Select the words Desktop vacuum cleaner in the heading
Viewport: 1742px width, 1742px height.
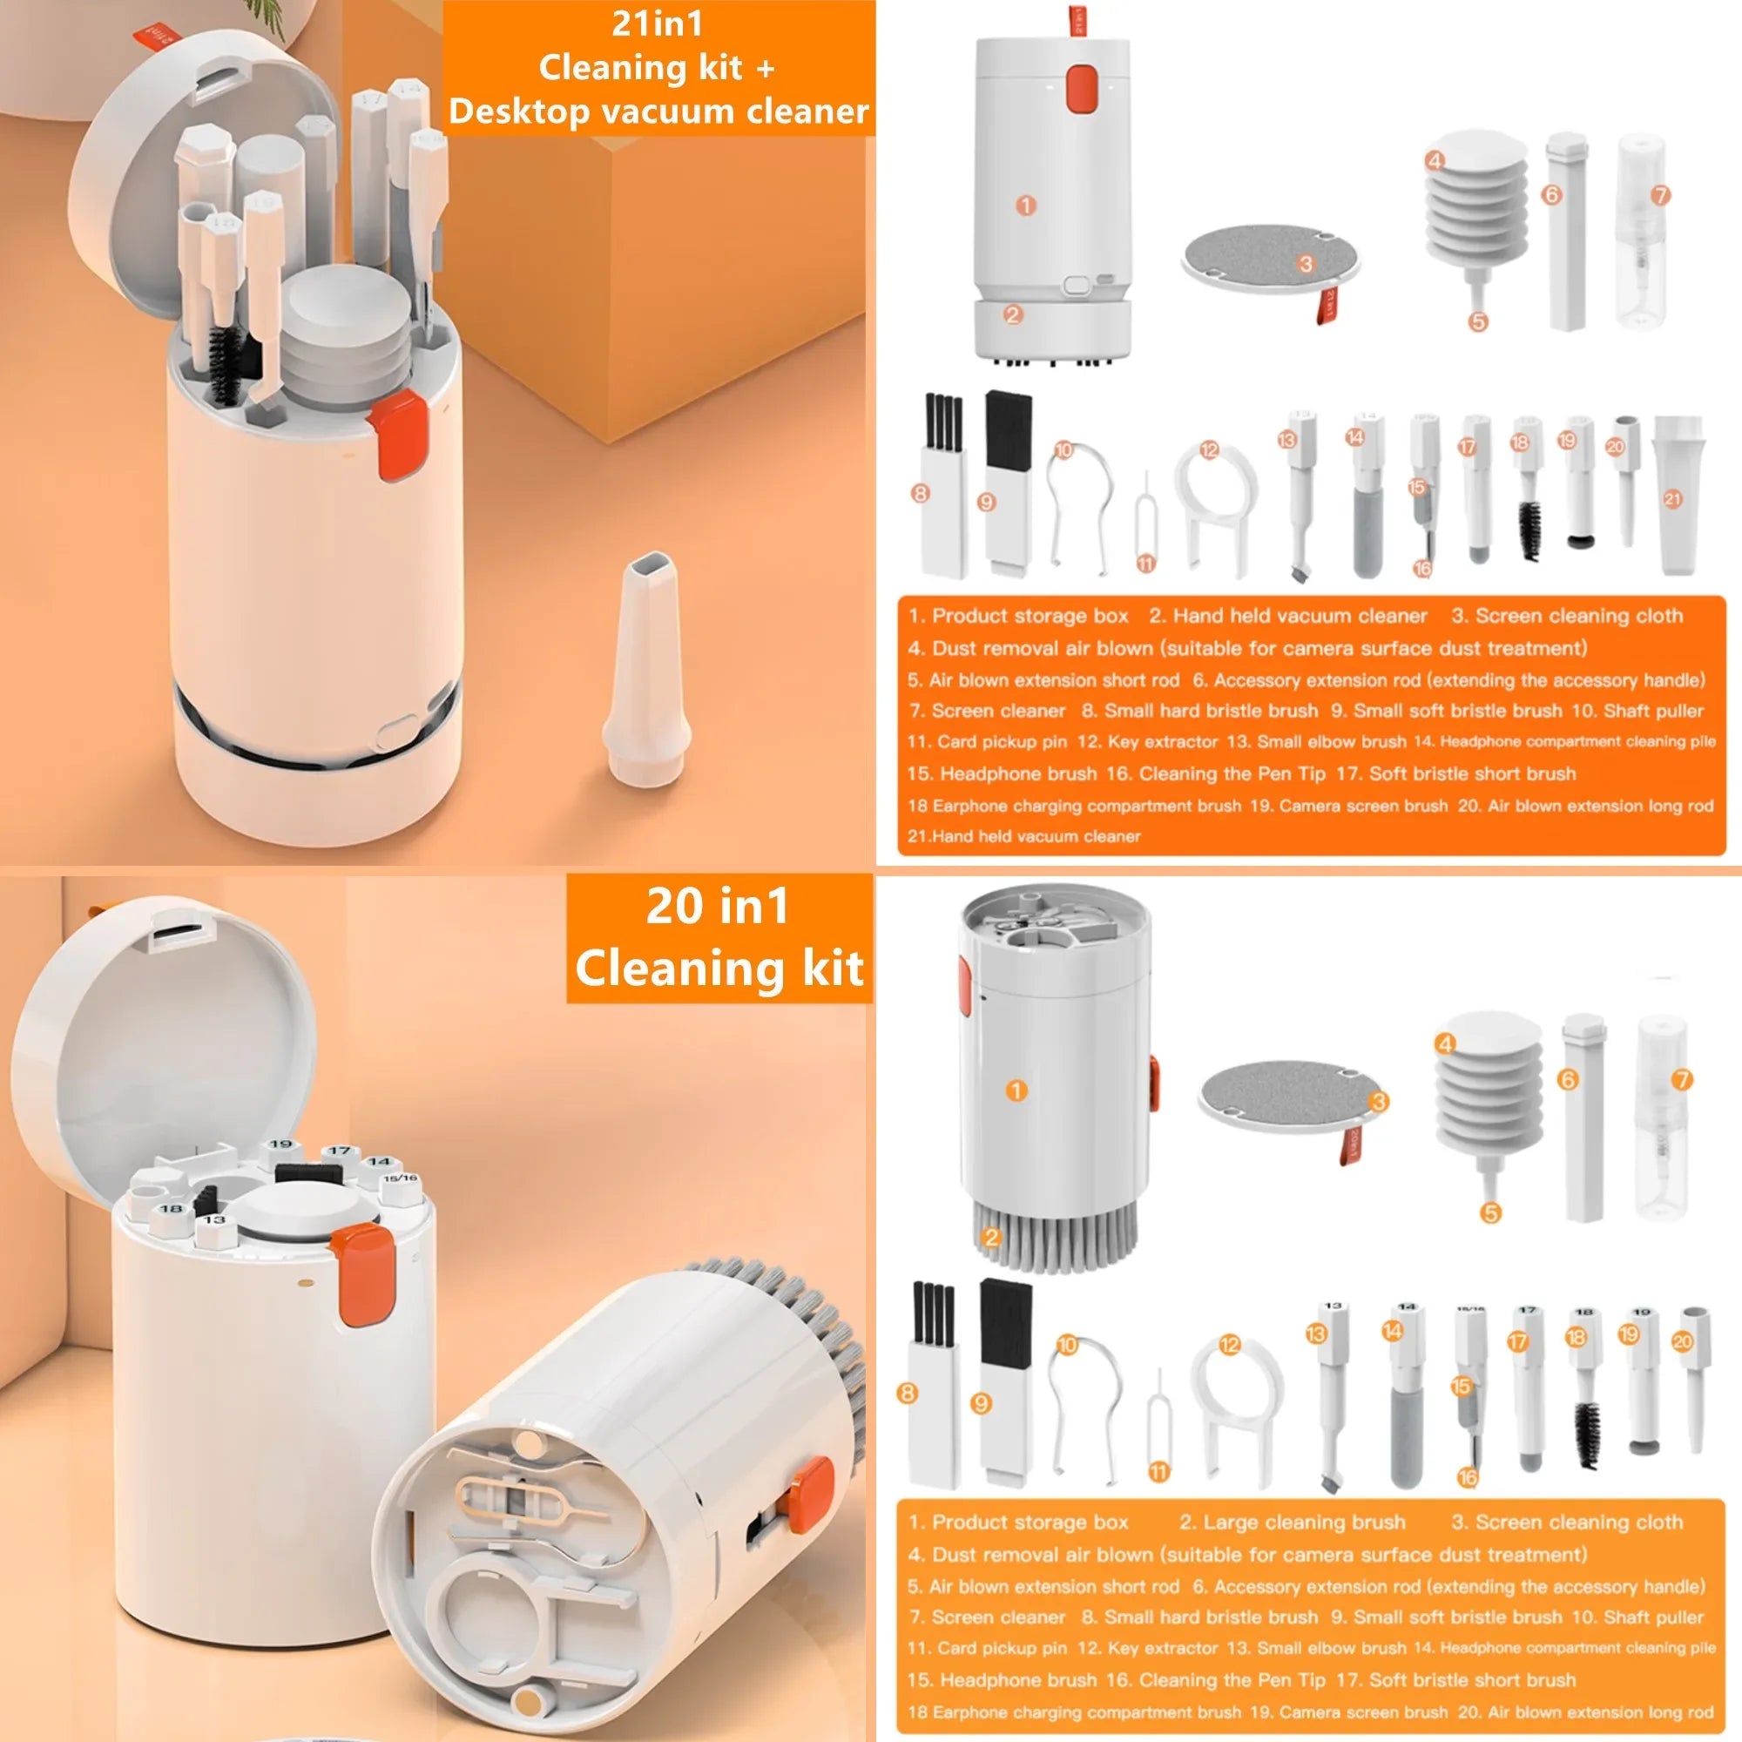point(658,111)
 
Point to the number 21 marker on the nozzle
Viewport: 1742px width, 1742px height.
point(1672,498)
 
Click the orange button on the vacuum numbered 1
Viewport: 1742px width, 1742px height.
point(1081,88)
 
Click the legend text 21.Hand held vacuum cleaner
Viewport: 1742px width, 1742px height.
point(1023,836)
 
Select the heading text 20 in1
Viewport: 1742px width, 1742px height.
point(718,906)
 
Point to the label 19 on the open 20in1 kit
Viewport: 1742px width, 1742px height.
point(281,1145)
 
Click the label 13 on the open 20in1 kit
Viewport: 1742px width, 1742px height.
point(214,1220)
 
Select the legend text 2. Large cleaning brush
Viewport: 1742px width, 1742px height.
point(1292,1522)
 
